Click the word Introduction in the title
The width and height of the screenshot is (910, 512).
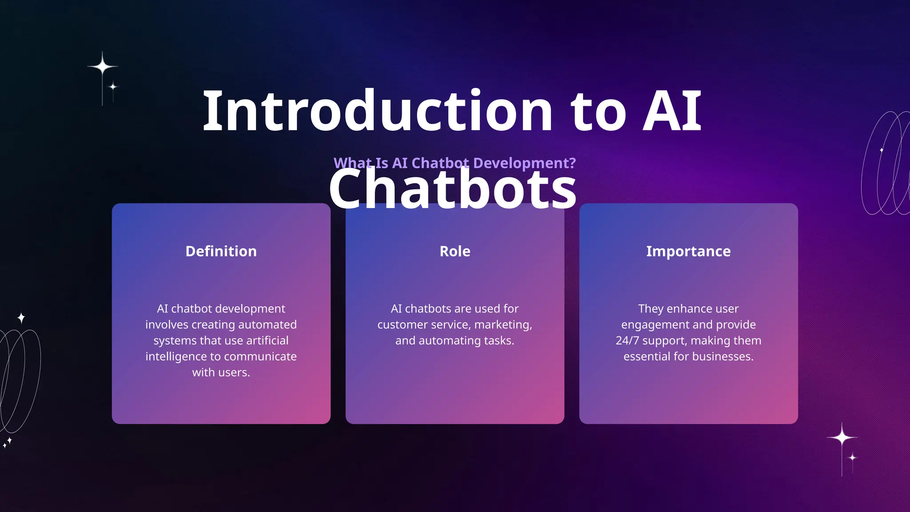click(x=378, y=111)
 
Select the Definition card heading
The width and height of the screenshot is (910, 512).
click(x=221, y=251)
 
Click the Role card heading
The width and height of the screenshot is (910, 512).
click(x=455, y=251)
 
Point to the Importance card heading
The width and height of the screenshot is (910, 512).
click(x=688, y=251)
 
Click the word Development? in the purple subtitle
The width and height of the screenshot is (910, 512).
click(x=524, y=163)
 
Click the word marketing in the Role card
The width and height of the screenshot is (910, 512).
click(x=502, y=325)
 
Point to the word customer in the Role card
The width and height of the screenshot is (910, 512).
click(x=402, y=325)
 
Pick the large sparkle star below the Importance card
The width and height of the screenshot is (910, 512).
click(x=842, y=438)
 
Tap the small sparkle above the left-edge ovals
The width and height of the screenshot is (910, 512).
click(x=21, y=318)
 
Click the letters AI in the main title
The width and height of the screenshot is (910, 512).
click(x=672, y=111)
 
